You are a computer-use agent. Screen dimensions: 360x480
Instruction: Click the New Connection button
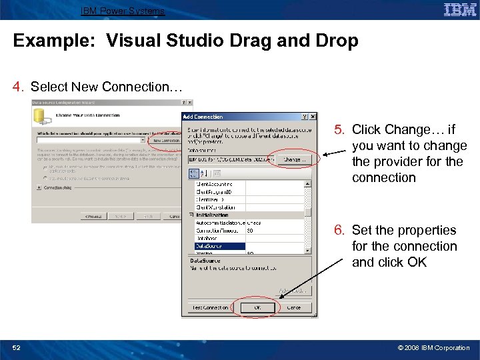165,141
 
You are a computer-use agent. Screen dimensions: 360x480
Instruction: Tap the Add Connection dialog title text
203,117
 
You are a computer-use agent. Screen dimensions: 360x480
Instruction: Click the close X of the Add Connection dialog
313,117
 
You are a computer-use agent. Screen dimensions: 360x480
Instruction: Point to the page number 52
18,347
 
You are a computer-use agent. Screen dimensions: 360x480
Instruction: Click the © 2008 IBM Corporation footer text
434,347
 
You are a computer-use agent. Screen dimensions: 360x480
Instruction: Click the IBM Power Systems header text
122,11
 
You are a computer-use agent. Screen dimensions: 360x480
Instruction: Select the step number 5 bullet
339,129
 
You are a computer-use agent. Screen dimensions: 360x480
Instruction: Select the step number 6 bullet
339,230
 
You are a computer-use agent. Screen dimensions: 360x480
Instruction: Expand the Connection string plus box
39,188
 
